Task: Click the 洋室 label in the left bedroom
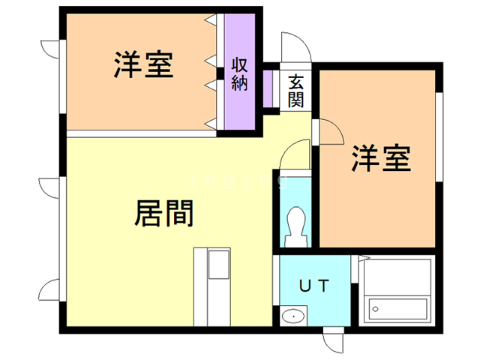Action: [144, 65]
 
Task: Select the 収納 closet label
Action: [239, 73]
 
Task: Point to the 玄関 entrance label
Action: [295, 89]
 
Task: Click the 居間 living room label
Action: [164, 214]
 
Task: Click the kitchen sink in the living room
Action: [220, 264]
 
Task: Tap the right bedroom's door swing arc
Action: [328, 133]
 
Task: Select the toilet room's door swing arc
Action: [295, 157]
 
